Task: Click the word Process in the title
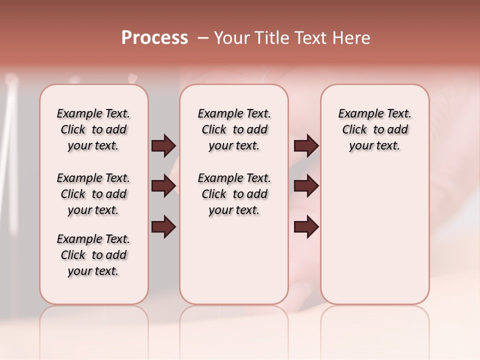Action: pos(154,38)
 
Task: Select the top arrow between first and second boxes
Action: pos(163,146)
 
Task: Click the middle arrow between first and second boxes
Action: pos(163,186)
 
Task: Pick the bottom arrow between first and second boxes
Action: pos(163,226)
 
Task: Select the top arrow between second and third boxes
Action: pos(306,146)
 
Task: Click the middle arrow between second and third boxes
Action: pos(306,186)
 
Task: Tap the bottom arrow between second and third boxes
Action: pos(306,226)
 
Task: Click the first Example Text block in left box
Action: pos(93,129)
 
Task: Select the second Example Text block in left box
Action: pos(93,194)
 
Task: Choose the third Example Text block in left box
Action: pos(93,255)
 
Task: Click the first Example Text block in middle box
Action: pos(234,129)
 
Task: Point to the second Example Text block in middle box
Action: pos(234,194)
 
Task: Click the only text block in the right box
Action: pos(374,129)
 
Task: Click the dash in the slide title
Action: pos(203,38)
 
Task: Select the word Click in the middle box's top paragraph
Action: pos(214,130)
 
